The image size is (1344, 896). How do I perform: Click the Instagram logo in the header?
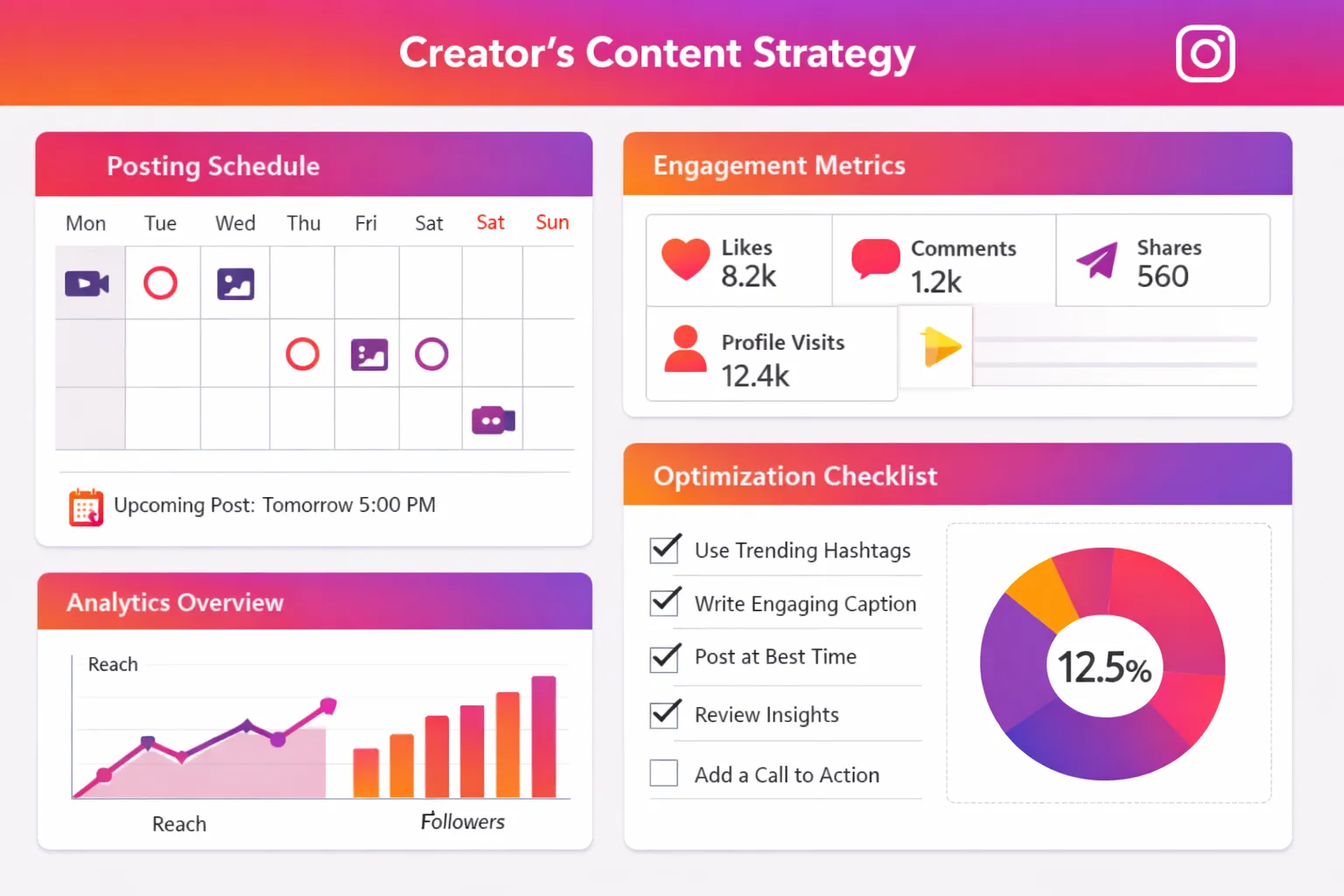pos(1205,53)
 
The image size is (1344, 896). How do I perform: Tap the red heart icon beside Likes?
pos(685,259)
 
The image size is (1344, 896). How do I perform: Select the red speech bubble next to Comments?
pos(875,258)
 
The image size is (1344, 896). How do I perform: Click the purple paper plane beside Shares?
pos(1097,260)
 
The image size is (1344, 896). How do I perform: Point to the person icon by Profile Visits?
pos(685,350)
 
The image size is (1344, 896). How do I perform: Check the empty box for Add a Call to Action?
pos(664,773)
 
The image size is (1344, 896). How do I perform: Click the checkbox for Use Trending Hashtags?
pos(664,549)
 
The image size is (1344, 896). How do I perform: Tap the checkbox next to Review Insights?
pos(664,714)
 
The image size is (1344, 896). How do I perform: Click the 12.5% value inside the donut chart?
pos(1104,668)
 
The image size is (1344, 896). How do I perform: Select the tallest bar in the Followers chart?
pos(543,736)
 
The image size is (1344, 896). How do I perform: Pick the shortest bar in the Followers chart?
pos(366,773)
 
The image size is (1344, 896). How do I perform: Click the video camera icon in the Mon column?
pos(87,283)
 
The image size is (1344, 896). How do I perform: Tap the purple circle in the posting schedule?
pos(431,354)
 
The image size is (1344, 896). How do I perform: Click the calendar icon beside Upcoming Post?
pos(86,507)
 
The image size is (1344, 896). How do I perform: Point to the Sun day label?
pos(552,222)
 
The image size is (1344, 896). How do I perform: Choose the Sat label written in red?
pos(490,222)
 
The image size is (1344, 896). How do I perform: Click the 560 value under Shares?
pos(1162,276)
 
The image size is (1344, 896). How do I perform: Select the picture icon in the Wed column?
pos(235,283)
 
